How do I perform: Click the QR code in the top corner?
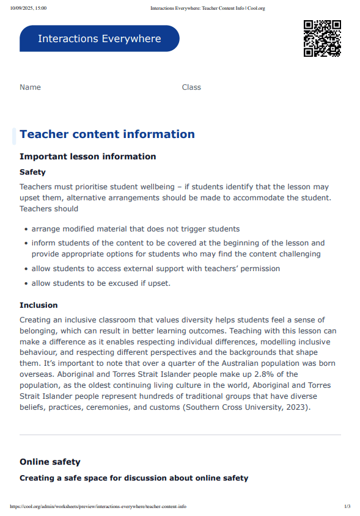click(x=322, y=38)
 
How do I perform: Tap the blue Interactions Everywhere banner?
click(x=100, y=38)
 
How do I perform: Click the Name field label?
click(x=30, y=87)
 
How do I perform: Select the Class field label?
click(x=191, y=87)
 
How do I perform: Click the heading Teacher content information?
click(x=107, y=134)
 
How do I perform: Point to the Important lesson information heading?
click(x=87, y=156)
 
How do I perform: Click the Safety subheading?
click(x=32, y=172)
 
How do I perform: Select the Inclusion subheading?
click(x=39, y=305)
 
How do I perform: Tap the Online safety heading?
click(x=50, y=462)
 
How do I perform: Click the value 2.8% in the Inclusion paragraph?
click(x=258, y=374)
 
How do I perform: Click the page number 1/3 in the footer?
click(x=347, y=507)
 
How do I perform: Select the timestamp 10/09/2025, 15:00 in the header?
click(x=28, y=8)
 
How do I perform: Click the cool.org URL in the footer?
click(x=98, y=507)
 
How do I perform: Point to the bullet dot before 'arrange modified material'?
click(x=26, y=230)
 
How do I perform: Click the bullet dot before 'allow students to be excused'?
click(x=26, y=284)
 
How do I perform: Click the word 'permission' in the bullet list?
click(x=259, y=269)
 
